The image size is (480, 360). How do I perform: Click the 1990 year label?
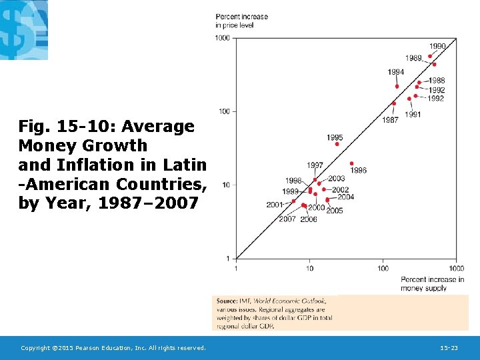tap(437, 47)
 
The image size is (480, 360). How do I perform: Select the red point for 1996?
tap(351, 163)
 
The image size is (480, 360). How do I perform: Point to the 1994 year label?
tap(395, 72)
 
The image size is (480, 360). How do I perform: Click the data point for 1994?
tap(397, 86)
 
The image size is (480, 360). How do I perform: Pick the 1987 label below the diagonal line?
tap(391, 120)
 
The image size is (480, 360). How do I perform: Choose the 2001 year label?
tap(275, 205)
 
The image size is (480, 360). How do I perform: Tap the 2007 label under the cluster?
tap(287, 219)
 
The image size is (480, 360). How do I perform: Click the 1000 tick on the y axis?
tap(222, 38)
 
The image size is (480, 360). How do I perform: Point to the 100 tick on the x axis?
tap(383, 269)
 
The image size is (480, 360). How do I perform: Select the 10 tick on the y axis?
tap(226, 185)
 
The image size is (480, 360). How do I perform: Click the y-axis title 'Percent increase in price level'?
tap(241, 21)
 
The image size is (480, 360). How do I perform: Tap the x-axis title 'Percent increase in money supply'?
tap(432, 283)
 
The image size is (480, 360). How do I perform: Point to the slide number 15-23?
tap(449, 348)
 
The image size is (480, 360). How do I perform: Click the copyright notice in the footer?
tap(113, 348)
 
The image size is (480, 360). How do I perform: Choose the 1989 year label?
tap(413, 58)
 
